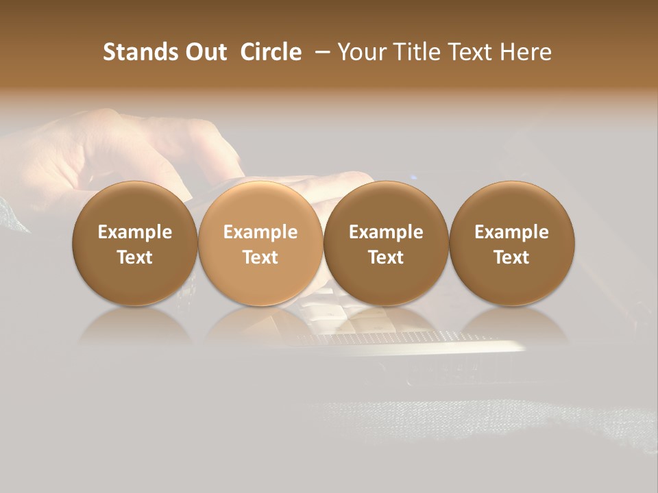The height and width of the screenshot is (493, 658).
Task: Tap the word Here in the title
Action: coord(526,52)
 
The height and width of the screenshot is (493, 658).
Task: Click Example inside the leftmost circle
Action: coord(134,232)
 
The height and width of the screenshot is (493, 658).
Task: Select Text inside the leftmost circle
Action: coord(134,257)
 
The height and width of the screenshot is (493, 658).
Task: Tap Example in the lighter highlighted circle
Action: coord(260,232)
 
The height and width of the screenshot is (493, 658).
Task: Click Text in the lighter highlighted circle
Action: coord(260,257)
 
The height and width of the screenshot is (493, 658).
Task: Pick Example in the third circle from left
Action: coord(386,232)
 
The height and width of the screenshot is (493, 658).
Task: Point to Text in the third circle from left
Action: coord(386,257)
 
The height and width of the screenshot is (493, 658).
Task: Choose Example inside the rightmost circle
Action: coord(511,232)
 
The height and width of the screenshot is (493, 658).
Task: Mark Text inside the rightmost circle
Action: coord(511,257)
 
